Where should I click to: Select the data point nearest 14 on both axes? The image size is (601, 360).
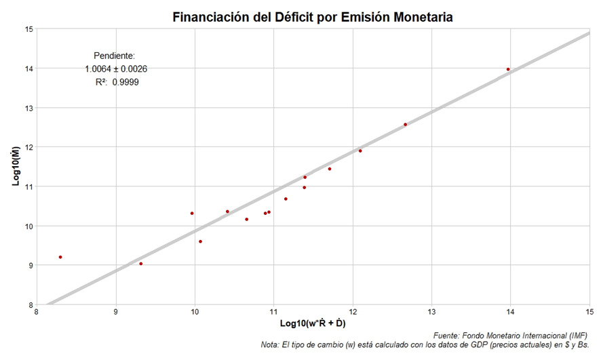pyautogui.click(x=508, y=69)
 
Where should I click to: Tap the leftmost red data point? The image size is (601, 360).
pyautogui.click(x=60, y=257)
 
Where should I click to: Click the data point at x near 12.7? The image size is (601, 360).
pyautogui.click(x=405, y=124)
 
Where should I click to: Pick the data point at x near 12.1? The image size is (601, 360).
pyautogui.click(x=360, y=151)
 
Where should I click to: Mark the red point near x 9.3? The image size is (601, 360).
pyautogui.click(x=140, y=264)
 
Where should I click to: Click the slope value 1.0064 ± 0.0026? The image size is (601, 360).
pyautogui.click(x=116, y=69)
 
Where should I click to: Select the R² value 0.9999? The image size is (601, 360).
pyautogui.click(x=126, y=82)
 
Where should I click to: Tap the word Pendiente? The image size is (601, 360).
pyautogui.click(x=114, y=56)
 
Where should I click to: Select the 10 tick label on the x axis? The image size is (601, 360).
pyautogui.click(x=195, y=313)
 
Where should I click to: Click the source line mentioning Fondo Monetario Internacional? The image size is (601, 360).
pyautogui.click(x=511, y=336)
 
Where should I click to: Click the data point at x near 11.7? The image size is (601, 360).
pyautogui.click(x=330, y=169)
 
